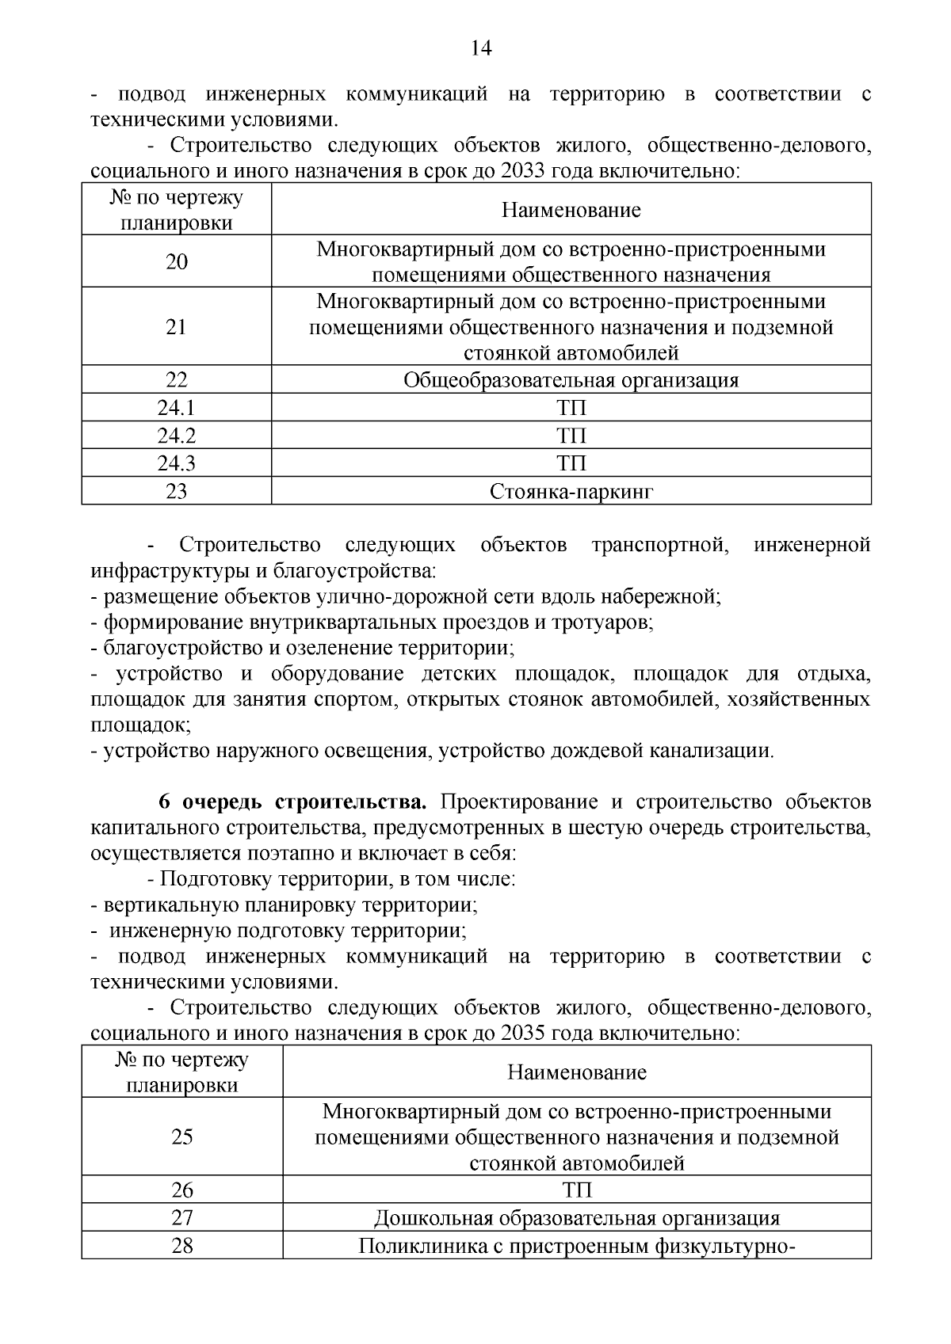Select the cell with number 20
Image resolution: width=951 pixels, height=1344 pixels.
pos(177,262)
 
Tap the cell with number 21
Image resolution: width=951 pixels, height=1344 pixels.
pos(177,327)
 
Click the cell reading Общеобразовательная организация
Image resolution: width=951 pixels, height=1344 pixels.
pos(571,380)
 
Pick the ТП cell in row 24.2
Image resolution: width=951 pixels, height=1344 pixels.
pos(571,436)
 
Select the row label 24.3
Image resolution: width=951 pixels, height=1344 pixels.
pos(177,463)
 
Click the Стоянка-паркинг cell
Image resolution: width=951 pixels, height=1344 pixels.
pos(571,492)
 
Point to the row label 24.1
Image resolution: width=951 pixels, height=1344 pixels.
pos(177,409)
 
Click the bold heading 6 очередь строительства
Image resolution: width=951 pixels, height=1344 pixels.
pos(292,802)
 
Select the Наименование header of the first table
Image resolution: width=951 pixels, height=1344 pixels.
pos(571,211)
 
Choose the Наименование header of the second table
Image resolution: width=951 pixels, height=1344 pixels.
pos(576,1073)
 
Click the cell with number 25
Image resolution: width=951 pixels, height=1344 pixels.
pos(182,1137)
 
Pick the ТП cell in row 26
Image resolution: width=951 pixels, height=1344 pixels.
pos(576,1191)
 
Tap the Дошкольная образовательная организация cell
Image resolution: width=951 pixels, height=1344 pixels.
pos(576,1219)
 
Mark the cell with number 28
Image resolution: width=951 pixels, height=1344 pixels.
pos(182,1246)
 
